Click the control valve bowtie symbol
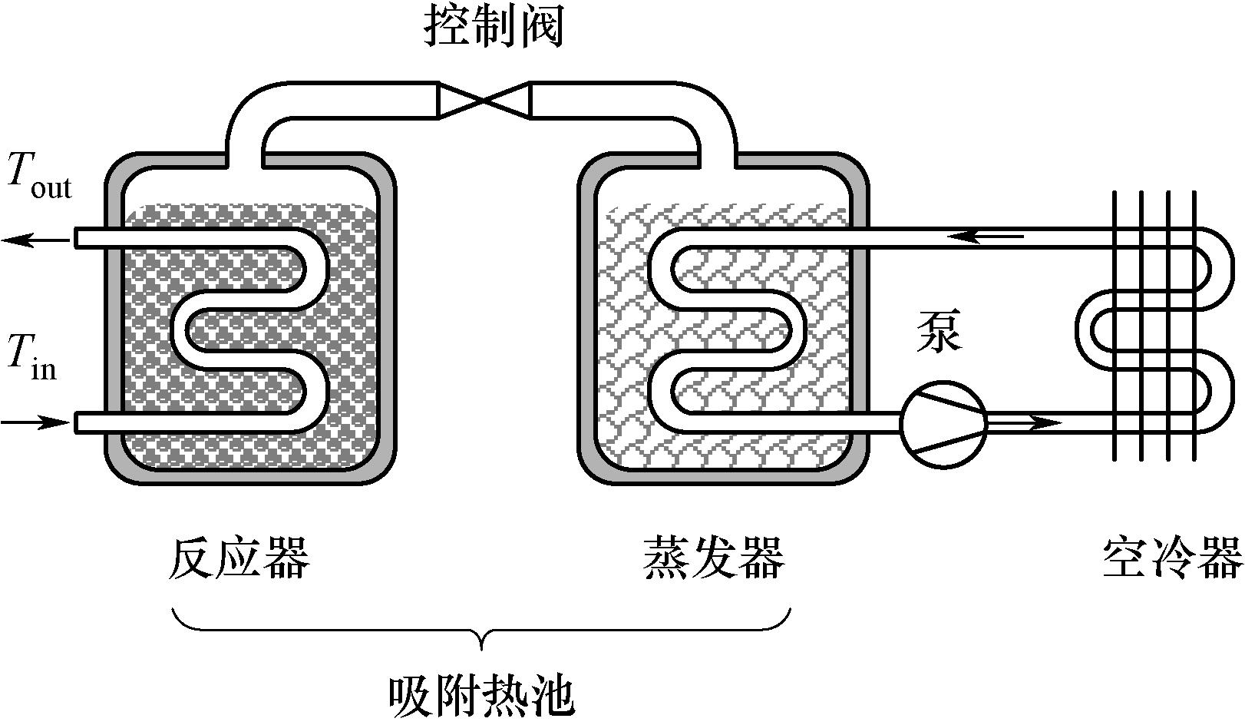[x=484, y=101]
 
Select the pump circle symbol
[x=943, y=424]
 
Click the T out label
[x=38, y=178]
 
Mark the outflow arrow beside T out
[x=35, y=240]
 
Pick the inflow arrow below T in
[x=35, y=422]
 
